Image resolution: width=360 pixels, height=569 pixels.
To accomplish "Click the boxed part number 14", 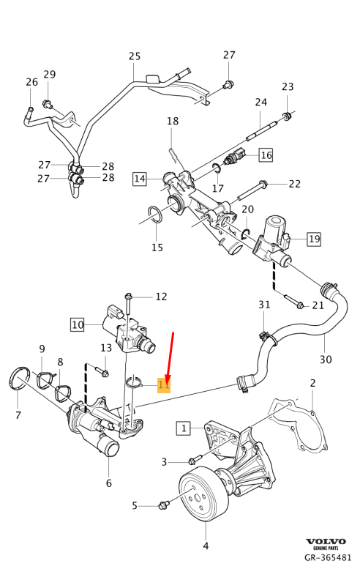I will [139, 178].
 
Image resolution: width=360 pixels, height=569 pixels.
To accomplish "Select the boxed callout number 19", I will [313, 238].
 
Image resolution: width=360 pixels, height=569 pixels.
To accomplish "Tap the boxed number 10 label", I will [78, 322].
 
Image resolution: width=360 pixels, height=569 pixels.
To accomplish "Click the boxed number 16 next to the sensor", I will [265, 155].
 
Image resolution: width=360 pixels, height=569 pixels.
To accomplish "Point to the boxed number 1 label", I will [183, 427].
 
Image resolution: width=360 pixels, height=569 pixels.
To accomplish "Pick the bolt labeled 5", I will [163, 505].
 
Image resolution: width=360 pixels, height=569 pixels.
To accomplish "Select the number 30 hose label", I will [326, 360].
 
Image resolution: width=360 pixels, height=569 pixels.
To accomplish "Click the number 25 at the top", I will [134, 56].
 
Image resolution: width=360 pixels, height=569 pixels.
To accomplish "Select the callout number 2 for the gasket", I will [312, 383].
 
